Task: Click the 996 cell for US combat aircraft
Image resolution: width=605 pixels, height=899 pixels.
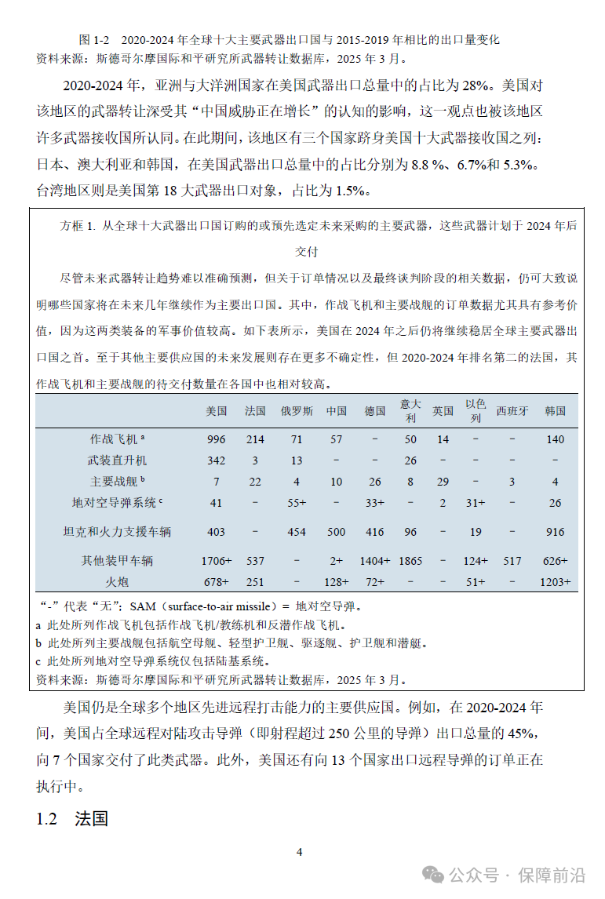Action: tap(216, 439)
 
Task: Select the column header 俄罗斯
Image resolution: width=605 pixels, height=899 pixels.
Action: tap(297, 410)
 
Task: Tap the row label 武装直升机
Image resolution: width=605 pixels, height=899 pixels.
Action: tap(117, 460)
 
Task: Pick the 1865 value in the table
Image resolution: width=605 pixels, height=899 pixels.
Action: tap(410, 561)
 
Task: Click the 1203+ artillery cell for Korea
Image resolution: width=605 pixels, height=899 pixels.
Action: tap(555, 582)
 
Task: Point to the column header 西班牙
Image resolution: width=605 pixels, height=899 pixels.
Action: tap(512, 410)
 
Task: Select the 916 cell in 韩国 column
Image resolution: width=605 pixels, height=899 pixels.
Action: tap(555, 532)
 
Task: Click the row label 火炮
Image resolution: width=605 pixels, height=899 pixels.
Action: tap(117, 582)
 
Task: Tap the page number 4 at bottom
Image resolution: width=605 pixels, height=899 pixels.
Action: tap(299, 852)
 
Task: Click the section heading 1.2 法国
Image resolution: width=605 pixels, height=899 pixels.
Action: tap(71, 819)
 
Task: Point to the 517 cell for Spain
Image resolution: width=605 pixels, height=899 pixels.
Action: tap(512, 561)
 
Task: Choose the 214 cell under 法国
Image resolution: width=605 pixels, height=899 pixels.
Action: tap(255, 439)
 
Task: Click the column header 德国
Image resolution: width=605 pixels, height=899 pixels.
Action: tap(375, 410)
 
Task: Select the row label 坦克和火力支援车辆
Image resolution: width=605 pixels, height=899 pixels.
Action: tap(117, 532)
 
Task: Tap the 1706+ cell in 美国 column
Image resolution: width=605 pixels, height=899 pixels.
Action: tap(216, 561)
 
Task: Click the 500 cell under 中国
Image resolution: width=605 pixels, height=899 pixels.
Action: tap(336, 532)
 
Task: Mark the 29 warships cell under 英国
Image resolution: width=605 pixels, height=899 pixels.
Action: tap(443, 482)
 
